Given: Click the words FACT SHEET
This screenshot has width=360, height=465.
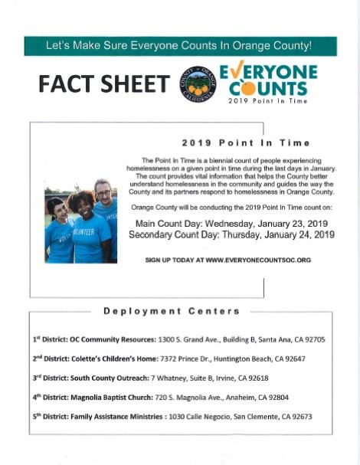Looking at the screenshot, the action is point(105,84).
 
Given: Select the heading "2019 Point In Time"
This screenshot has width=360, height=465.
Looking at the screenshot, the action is point(246,142).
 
